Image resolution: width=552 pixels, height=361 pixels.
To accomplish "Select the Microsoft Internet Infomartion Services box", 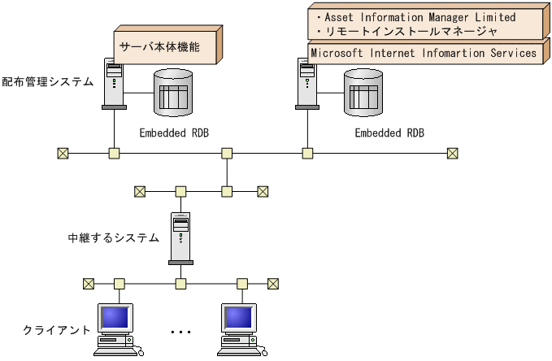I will coord(424,53).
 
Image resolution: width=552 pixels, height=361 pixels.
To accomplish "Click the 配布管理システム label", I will coord(47,81).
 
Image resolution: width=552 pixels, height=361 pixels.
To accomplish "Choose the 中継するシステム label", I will coord(113,237).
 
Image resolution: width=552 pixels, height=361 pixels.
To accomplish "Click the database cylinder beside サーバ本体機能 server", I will coord(173,91).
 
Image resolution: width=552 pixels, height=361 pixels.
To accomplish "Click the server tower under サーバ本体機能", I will coord(114,83).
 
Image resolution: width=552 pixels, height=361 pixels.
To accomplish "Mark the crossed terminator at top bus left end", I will coord(62,153).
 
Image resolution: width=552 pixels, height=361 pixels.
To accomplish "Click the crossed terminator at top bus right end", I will coord(452,153).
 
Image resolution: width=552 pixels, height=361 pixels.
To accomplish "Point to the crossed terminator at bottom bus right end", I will coord(273,284).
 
